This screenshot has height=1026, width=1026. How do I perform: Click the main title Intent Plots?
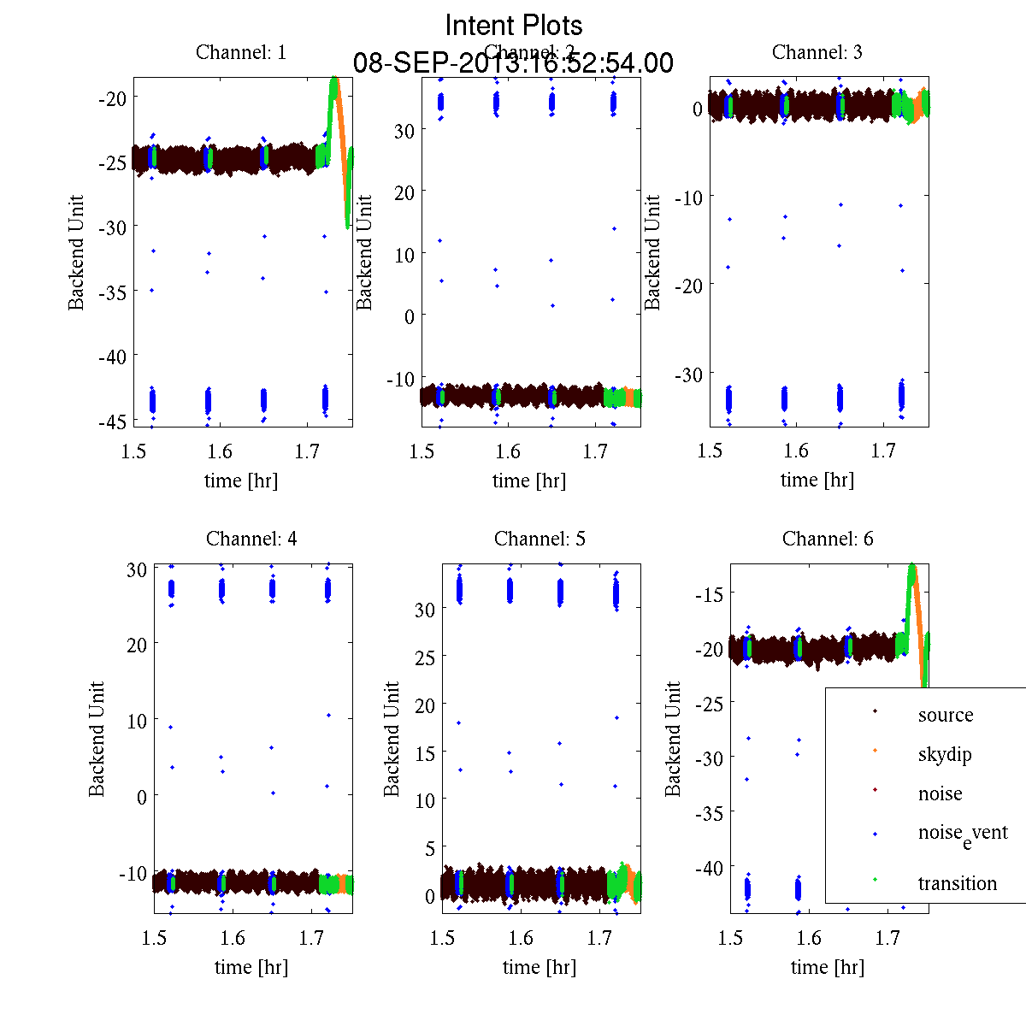(514, 25)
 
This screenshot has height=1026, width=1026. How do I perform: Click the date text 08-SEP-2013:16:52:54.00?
(513, 63)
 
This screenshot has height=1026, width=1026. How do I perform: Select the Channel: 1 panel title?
(241, 52)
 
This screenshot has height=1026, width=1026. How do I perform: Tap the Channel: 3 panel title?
(817, 52)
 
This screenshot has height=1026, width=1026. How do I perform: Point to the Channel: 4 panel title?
(251, 539)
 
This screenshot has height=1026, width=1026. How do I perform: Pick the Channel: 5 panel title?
(540, 539)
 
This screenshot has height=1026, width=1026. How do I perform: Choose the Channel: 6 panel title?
(828, 539)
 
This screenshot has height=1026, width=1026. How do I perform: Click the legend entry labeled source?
(945, 715)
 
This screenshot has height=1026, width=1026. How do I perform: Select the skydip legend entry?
(945, 754)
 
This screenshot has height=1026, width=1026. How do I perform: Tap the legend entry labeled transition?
(957, 883)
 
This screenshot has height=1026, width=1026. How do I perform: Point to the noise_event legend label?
(962, 834)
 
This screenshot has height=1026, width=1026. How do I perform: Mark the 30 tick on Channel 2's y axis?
(404, 130)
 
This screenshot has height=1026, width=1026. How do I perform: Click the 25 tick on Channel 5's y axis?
(425, 657)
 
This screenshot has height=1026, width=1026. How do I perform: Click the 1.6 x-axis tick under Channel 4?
(232, 938)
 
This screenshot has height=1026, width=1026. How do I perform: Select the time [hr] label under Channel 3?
(817, 480)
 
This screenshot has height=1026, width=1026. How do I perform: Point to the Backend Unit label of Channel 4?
(97, 740)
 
